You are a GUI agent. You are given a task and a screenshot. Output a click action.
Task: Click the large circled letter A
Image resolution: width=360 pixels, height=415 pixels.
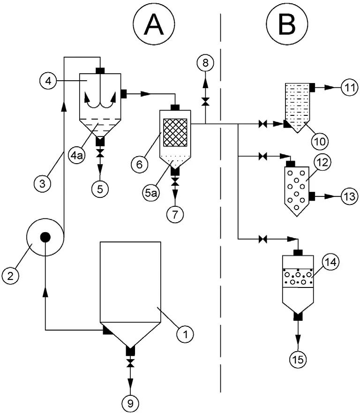[154, 24]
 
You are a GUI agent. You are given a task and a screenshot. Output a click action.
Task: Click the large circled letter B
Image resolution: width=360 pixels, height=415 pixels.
[287, 24]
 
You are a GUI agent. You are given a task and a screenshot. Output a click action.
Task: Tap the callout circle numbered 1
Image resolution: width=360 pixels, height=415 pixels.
[186, 334]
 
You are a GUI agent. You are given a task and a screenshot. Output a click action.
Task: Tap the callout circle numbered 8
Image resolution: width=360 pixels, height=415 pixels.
[205, 61]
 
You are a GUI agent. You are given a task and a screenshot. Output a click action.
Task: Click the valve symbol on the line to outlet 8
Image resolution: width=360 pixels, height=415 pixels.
[205, 102]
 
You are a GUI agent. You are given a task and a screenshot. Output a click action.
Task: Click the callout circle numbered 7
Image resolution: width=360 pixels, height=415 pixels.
[175, 216]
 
